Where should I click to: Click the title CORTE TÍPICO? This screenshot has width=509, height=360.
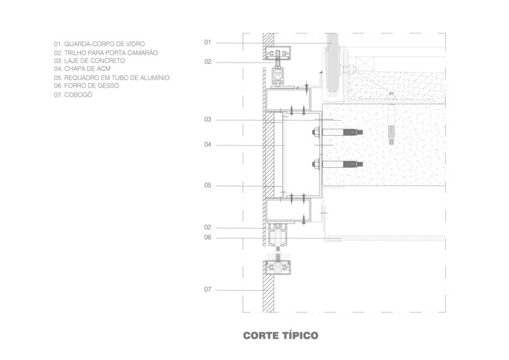pos(280,336)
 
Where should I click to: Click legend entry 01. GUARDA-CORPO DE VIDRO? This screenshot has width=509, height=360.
pos(99,44)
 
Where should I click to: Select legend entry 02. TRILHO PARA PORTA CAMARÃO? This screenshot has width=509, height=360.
pos(106,52)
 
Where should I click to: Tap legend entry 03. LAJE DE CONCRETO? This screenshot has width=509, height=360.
pos(90,60)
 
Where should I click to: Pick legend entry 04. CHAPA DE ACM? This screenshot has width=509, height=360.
pos(82,69)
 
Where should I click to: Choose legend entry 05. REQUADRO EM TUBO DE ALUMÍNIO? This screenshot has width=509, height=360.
pos(112,77)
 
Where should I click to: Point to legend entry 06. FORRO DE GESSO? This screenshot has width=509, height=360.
pos(86,86)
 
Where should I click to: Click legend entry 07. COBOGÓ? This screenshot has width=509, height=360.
pos(73,95)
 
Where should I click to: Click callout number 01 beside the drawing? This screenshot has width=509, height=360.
pos(208,42)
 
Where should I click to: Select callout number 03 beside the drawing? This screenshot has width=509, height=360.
pos(208,120)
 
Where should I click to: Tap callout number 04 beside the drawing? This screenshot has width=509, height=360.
pos(208,145)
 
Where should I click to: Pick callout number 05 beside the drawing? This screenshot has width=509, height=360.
pos(208,185)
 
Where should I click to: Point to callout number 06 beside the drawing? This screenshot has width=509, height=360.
pos(208,238)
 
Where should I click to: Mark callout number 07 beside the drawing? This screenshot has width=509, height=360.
pos(208,289)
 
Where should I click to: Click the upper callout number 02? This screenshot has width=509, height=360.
pos(208,62)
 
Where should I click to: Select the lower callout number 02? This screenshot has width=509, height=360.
pos(208,227)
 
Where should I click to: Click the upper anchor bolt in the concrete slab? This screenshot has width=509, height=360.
pos(337,132)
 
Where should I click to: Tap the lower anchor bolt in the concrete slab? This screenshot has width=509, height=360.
pos(337,164)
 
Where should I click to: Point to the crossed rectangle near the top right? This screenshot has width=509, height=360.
pos(365,65)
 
